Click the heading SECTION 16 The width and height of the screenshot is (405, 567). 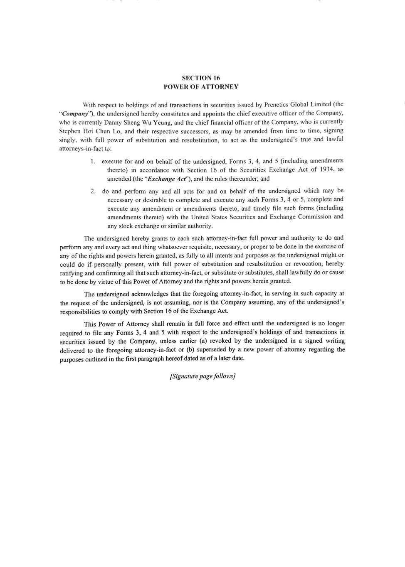201,78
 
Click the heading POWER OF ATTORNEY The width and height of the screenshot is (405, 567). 201,87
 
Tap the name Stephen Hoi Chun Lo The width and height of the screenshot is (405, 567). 90,131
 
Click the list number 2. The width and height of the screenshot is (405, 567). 93,191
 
